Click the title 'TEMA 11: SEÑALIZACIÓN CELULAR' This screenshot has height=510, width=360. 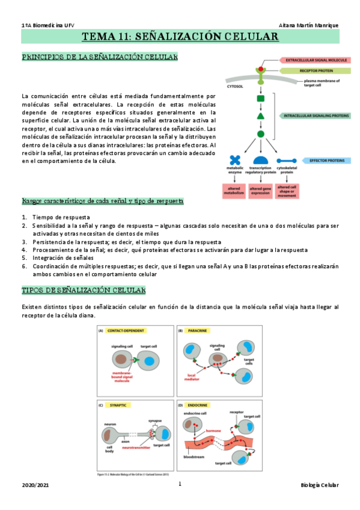pos(180,37)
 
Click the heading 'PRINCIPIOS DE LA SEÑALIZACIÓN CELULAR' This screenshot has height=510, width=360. pos(99,57)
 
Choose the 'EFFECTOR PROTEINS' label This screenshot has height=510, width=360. pos(319,161)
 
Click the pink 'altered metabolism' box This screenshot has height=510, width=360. pos(234,191)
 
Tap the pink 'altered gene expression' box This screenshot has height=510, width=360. pos(260,191)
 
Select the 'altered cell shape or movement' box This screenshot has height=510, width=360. pos(287,191)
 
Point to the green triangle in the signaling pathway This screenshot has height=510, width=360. pos(260,115)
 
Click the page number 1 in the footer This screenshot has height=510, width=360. pos(180,484)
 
